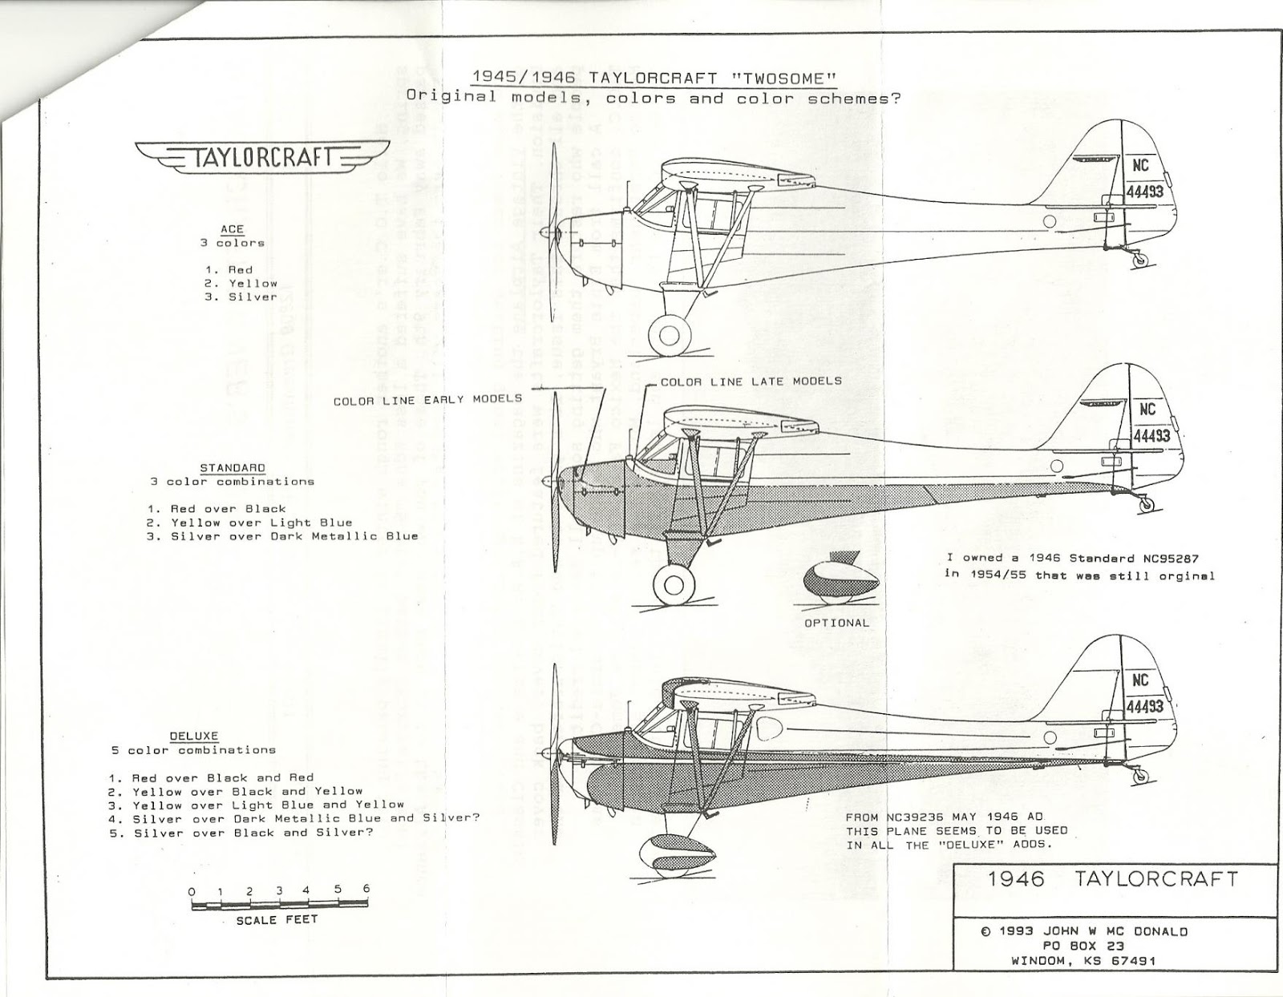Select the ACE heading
(x=232, y=229)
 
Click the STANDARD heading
(x=232, y=467)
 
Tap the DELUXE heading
(x=193, y=736)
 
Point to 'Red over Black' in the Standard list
(x=217, y=509)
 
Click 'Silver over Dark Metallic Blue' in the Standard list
(x=282, y=536)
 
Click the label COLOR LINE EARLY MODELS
(x=427, y=399)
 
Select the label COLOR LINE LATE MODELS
(x=751, y=381)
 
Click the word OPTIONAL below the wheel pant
(x=836, y=623)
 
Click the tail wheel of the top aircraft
(x=1139, y=259)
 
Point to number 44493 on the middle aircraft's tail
(x=1151, y=435)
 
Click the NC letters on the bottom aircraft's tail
(x=1141, y=680)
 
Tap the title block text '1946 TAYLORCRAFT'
(x=1113, y=878)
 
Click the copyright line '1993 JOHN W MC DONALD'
(x=1093, y=931)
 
